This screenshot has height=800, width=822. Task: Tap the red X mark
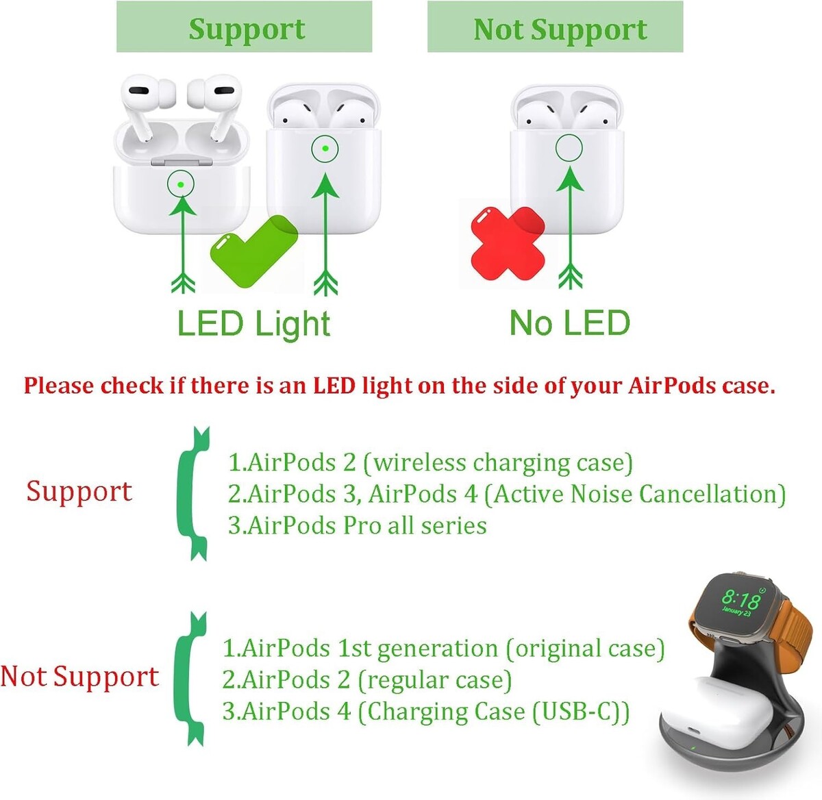(x=508, y=243)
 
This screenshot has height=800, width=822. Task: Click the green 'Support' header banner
(x=244, y=27)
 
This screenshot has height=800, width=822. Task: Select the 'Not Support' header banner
(x=555, y=27)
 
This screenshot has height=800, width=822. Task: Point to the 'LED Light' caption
(x=253, y=324)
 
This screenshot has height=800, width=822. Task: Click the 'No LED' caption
(x=570, y=323)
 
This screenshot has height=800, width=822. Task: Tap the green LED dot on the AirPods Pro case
(x=181, y=184)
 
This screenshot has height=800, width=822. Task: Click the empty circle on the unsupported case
(x=569, y=148)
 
